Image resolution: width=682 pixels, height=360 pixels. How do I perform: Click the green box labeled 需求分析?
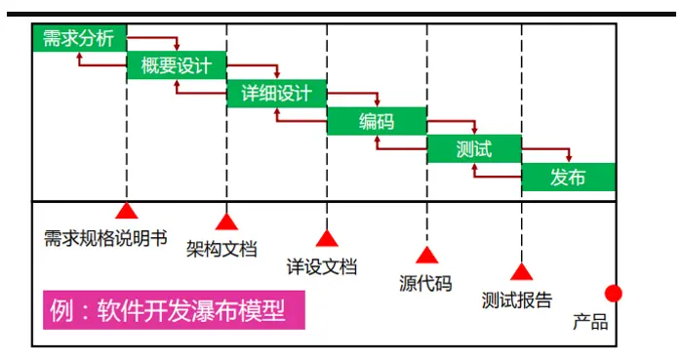79,39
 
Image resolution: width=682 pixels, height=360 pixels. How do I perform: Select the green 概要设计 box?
177,65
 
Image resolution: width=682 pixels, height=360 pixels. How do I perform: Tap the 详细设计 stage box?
276,94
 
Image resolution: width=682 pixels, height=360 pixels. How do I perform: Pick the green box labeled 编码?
376,122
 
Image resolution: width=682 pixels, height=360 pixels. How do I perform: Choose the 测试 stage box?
474,149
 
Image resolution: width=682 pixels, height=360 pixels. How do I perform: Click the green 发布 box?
568,178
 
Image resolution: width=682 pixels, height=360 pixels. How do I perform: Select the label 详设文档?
321,265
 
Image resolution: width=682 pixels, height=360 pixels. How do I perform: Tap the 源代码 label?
425,284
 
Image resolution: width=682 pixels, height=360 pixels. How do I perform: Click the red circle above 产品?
613,293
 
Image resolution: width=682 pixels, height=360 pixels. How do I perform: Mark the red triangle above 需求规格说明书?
125,211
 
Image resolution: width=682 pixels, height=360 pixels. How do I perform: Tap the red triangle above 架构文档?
226,221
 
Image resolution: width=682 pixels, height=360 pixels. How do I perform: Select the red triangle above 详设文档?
326,238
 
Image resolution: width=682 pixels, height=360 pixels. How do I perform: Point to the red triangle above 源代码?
425,256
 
